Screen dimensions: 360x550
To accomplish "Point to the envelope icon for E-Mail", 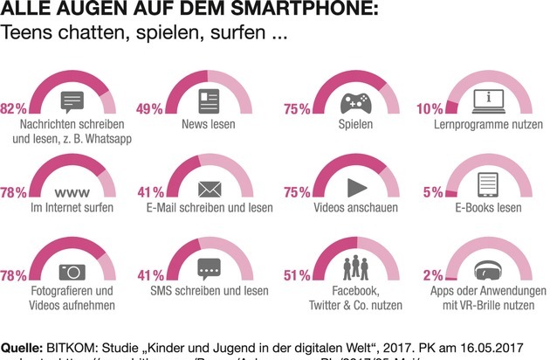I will tap(210, 187).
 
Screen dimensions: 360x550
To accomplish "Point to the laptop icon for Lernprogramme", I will tap(488, 99).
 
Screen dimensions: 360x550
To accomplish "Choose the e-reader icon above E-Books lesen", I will tap(488, 186).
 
